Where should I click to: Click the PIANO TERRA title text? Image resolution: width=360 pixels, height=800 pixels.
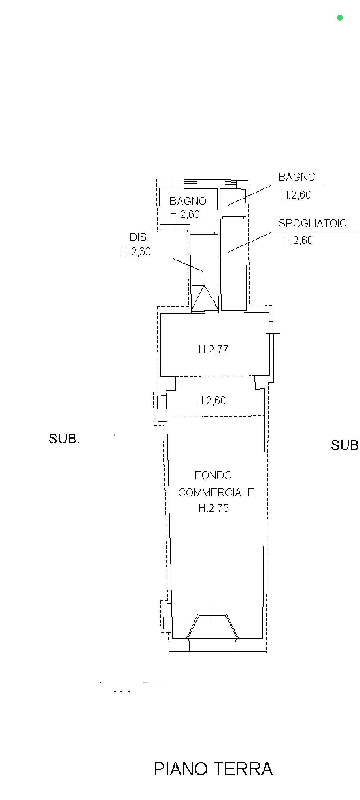tap(213, 769)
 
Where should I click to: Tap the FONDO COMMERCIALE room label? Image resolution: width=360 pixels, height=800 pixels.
tap(216, 484)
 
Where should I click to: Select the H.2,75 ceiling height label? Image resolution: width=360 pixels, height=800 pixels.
tap(213, 508)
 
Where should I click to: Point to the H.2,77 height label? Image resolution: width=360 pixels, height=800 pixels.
tap(213, 349)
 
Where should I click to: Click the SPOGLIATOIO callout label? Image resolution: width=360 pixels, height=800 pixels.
tap(312, 223)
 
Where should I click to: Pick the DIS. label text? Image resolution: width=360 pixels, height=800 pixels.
tap(139, 237)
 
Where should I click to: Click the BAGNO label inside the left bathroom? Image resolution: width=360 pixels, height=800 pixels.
tap(188, 201)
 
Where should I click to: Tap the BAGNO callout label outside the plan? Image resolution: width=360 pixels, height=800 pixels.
tap(297, 177)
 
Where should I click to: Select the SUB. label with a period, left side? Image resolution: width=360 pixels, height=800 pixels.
tap(64, 439)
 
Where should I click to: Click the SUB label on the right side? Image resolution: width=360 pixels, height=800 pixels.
tap(344, 445)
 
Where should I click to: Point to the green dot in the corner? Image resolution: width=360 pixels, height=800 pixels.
tap(340, 18)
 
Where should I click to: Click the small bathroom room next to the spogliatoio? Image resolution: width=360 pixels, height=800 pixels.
tap(233, 203)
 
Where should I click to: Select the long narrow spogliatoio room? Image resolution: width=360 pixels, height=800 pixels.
tap(233, 264)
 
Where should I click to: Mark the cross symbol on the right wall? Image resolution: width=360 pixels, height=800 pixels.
tap(273, 333)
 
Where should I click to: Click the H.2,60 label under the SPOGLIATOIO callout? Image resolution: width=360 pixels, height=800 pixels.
tap(298, 240)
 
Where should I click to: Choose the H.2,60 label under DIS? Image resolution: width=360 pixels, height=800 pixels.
tap(136, 251)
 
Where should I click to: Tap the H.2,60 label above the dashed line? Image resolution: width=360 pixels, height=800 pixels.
tap(211, 400)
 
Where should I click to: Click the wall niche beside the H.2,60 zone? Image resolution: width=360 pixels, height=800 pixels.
tap(162, 408)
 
